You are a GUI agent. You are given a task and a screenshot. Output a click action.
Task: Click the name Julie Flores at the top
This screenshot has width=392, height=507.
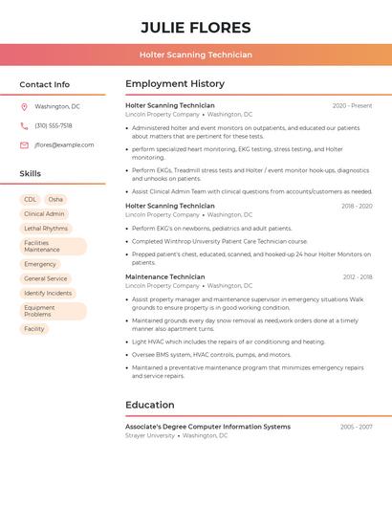click(x=196, y=28)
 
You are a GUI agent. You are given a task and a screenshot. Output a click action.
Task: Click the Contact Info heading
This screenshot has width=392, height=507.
click(x=45, y=84)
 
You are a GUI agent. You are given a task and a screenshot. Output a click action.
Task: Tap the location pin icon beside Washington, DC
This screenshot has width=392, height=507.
click(x=24, y=106)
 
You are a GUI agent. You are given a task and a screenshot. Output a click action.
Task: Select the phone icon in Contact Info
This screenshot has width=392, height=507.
click(x=24, y=125)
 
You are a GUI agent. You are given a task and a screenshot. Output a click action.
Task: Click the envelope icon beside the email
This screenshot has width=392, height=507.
click(x=24, y=144)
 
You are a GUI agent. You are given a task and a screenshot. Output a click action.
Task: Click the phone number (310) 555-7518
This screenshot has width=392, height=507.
click(x=54, y=125)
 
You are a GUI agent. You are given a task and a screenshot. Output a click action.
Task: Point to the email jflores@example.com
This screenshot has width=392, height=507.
click(x=64, y=144)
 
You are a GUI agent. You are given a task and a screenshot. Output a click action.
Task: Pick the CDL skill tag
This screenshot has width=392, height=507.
click(x=31, y=200)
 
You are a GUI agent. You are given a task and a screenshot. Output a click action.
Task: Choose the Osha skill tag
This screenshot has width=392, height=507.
click(x=55, y=200)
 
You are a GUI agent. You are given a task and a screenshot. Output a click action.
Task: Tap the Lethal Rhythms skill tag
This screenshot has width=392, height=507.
click(x=46, y=229)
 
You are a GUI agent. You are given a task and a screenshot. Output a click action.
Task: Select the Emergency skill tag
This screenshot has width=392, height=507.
click(x=40, y=264)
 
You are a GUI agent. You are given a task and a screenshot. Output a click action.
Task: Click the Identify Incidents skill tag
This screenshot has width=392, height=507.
click(x=48, y=293)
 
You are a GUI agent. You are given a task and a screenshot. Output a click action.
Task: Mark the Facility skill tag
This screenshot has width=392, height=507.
click(x=34, y=329)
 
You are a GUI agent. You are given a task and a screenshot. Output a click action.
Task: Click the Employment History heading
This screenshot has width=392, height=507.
click(x=175, y=84)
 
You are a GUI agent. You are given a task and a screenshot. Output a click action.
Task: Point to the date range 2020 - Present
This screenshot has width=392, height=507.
click(x=352, y=105)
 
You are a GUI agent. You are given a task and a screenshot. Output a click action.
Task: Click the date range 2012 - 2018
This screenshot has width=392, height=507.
click(x=358, y=277)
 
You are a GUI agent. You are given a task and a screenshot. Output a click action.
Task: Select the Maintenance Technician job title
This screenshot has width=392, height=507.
click(x=164, y=276)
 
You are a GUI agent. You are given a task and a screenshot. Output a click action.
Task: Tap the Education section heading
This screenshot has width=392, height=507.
click(x=150, y=405)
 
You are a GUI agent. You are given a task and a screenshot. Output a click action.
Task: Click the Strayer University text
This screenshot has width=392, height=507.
click(x=150, y=435)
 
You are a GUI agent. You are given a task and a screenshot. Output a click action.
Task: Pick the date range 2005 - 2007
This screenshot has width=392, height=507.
click(x=356, y=427)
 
